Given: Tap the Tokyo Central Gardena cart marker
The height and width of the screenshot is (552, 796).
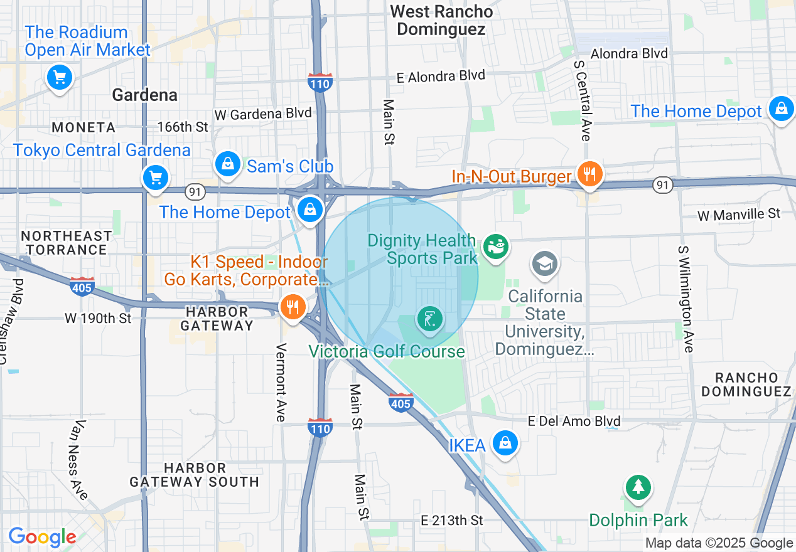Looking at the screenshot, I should pos(155,178).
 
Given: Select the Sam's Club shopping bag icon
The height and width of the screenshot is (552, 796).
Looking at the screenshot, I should pos(227,164).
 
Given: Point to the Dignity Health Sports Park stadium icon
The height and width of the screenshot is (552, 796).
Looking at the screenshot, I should pos(496,247).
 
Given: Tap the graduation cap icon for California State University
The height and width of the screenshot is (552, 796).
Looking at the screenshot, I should pos(544,263).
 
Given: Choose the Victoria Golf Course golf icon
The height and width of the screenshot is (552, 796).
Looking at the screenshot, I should pos(429,321).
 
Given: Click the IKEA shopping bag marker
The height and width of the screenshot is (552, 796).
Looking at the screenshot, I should pos(504,443).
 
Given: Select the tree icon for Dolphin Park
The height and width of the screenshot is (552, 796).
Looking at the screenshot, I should pos(638,487).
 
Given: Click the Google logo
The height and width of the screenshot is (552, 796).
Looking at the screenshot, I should pos(42,537).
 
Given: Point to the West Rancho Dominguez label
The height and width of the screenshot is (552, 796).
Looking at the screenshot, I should pos(441,20).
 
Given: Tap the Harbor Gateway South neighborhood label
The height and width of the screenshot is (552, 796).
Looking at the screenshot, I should pos(194,475).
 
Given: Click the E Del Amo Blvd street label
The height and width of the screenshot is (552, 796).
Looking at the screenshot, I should pos(574,421).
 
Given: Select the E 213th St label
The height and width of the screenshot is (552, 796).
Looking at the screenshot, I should pos(452,520).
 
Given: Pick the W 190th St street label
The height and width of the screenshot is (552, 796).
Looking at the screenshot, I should pos(98,318).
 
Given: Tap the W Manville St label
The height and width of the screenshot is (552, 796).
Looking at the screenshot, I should pos(739,215).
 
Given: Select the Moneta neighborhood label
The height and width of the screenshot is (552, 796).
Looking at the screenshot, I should pos(83,127).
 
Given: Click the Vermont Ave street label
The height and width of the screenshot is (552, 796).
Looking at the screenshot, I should pos(281,382).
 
